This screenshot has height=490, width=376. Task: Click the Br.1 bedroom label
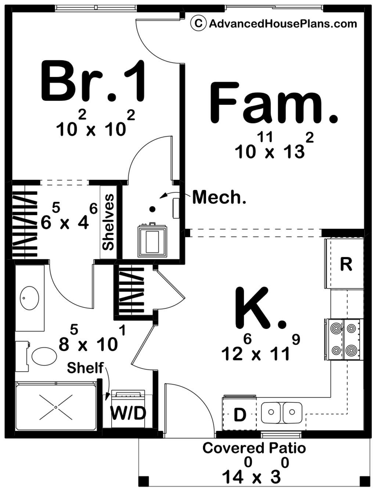(x=93, y=81)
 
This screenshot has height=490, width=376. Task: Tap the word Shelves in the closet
(x=108, y=222)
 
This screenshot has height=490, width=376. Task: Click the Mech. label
(x=219, y=197)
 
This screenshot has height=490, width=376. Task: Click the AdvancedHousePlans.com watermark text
(x=283, y=23)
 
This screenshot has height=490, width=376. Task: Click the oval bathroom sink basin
(x=29, y=298)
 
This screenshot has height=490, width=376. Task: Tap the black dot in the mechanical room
(x=153, y=209)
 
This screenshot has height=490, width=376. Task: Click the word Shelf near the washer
(x=85, y=368)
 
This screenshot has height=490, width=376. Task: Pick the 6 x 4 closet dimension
(x=69, y=217)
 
